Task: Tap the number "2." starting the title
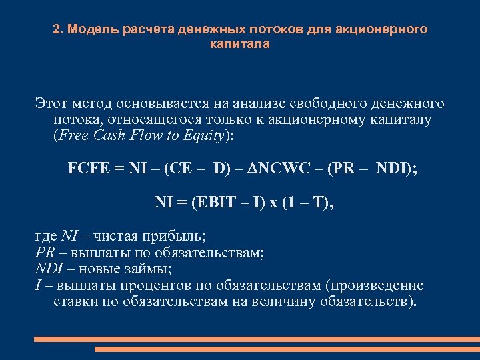coord(58,30)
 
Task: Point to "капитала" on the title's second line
coord(239,44)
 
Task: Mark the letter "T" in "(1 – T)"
coord(321,201)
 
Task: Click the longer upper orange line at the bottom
coord(257,339)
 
